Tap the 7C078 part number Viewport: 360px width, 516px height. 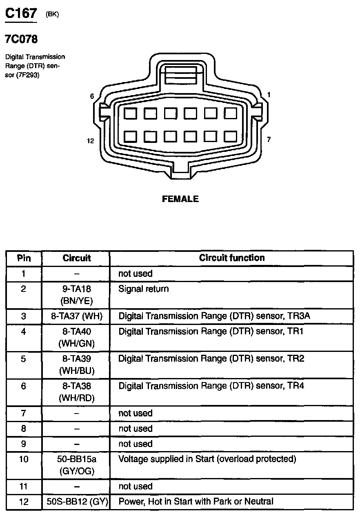(21, 40)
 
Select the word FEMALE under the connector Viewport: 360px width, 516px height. (180, 199)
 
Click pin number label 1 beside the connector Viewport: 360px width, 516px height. (269, 95)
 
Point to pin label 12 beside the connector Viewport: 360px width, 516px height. (91, 141)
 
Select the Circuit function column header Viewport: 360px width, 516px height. (232, 258)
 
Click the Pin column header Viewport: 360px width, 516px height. (24, 258)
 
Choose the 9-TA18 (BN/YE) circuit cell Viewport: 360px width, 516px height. (77, 295)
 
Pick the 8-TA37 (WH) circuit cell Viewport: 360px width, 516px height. (77, 316)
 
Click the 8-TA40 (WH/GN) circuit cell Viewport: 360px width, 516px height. (77, 337)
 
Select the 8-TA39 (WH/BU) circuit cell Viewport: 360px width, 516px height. (77, 365)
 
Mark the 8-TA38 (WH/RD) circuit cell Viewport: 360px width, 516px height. (77, 391)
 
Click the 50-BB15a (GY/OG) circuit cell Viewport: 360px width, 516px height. (77, 465)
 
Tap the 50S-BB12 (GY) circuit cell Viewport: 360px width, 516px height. (77, 501)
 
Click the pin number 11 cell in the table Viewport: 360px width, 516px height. (24, 486)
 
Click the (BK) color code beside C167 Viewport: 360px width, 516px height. (52, 14)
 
